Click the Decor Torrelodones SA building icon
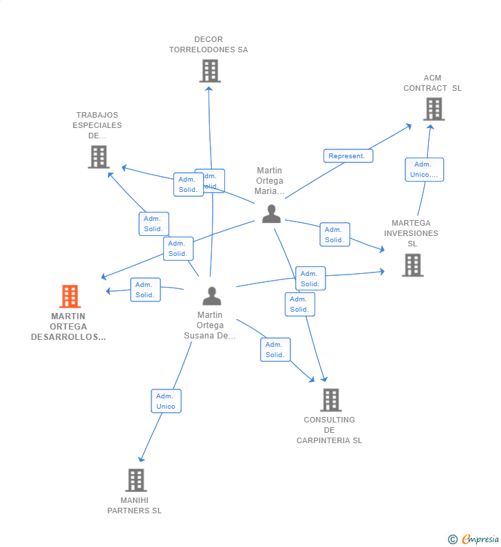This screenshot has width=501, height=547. point(210,71)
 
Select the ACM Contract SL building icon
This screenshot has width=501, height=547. point(434,109)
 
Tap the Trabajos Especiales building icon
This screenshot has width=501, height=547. point(99,157)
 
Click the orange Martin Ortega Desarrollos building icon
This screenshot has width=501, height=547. point(70,297)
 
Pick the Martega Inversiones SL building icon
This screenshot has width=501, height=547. point(412,265)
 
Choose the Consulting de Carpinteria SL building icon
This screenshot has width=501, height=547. point(330,400)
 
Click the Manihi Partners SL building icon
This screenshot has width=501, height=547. point(136,480)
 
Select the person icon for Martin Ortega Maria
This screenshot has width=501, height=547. point(271,214)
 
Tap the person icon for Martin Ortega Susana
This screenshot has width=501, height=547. point(212,296)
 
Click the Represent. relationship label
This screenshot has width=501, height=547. point(348,155)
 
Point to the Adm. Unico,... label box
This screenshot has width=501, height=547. point(424,169)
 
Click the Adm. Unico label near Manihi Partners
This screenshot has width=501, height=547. point(166,401)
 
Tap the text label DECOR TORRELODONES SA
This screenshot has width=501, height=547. point(209,45)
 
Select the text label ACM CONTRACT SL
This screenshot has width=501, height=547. point(432,83)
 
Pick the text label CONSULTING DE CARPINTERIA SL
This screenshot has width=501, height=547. point(329,430)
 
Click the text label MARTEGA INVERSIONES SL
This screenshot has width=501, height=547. point(411,233)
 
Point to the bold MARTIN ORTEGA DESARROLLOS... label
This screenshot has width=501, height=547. point(68,327)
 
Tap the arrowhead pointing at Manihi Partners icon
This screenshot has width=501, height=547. point(141,459)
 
